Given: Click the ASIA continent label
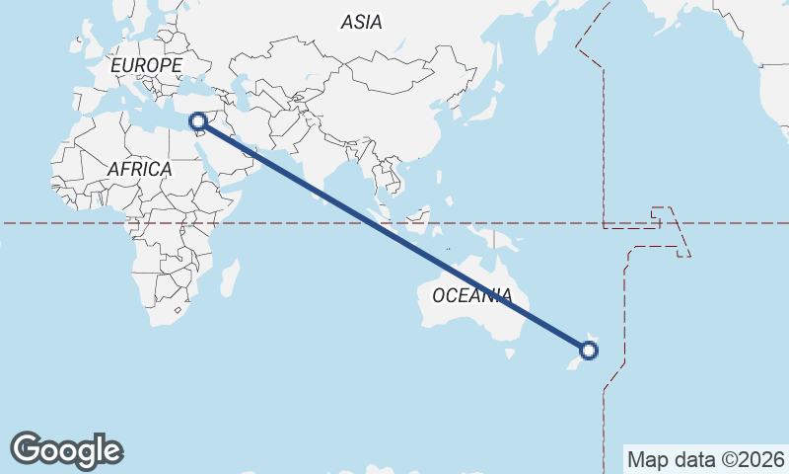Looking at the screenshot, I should [x=361, y=21].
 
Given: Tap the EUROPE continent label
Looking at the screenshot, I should [x=146, y=65].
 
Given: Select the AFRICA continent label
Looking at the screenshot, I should [x=139, y=169].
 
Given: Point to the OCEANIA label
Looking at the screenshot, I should [x=472, y=295].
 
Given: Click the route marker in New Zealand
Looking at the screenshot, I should [x=589, y=350].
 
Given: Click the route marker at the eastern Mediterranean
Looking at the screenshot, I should [x=199, y=121].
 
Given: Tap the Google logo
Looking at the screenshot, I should [x=66, y=449].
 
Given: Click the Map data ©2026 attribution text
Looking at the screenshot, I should [x=706, y=459].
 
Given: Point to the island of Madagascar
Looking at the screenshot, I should [x=229, y=278].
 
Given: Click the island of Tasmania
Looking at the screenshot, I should [x=510, y=352].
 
